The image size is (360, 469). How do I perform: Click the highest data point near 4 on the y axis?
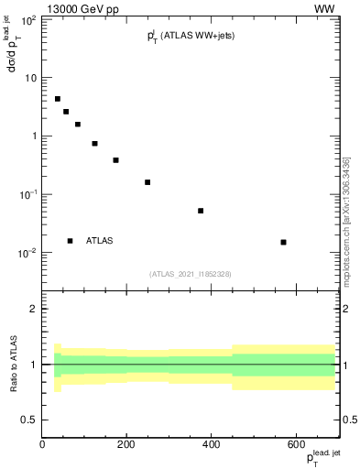pyautogui.click(x=57, y=99)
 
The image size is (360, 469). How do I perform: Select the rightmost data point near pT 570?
pyautogui.click(x=284, y=242)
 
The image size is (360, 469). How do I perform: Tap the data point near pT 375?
pyautogui.click(x=201, y=211)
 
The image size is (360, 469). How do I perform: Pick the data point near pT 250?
pyautogui.click(x=147, y=182)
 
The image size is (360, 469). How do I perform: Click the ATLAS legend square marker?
pyautogui.click(x=70, y=241)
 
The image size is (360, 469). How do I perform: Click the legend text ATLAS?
pyautogui.click(x=100, y=241)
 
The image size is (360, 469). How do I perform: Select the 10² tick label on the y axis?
pyautogui.click(x=27, y=19)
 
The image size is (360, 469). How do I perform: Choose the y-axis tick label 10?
pyautogui.click(x=29, y=78)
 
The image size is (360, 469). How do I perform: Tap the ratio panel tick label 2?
pyautogui.click(x=34, y=309)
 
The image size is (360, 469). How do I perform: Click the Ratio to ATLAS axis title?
pyautogui.click(x=14, y=365)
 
